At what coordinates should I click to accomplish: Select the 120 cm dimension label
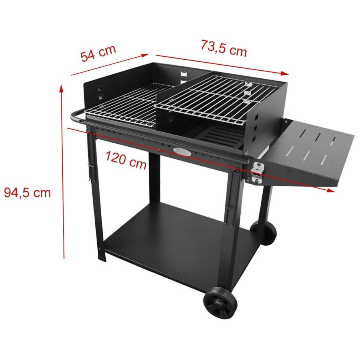(126, 160)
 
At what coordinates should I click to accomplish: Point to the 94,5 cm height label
(27, 192)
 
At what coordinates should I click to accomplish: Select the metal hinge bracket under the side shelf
(257, 173)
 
